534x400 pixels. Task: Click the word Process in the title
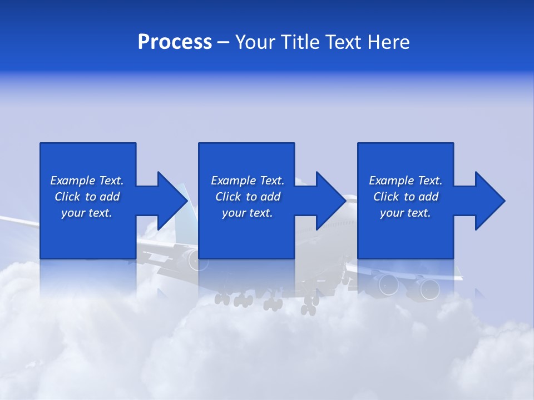(x=175, y=42)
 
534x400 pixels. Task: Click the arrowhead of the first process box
(x=172, y=201)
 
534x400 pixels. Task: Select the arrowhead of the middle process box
(x=331, y=201)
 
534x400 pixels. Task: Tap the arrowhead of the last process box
(x=490, y=201)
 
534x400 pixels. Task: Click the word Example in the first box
(x=72, y=181)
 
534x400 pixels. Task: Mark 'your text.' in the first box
(x=87, y=213)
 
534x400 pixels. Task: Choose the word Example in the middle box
(x=233, y=181)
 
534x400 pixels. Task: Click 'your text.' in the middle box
(x=248, y=213)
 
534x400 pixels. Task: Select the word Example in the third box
(x=391, y=181)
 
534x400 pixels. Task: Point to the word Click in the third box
(x=386, y=197)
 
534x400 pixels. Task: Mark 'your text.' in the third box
(x=406, y=213)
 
